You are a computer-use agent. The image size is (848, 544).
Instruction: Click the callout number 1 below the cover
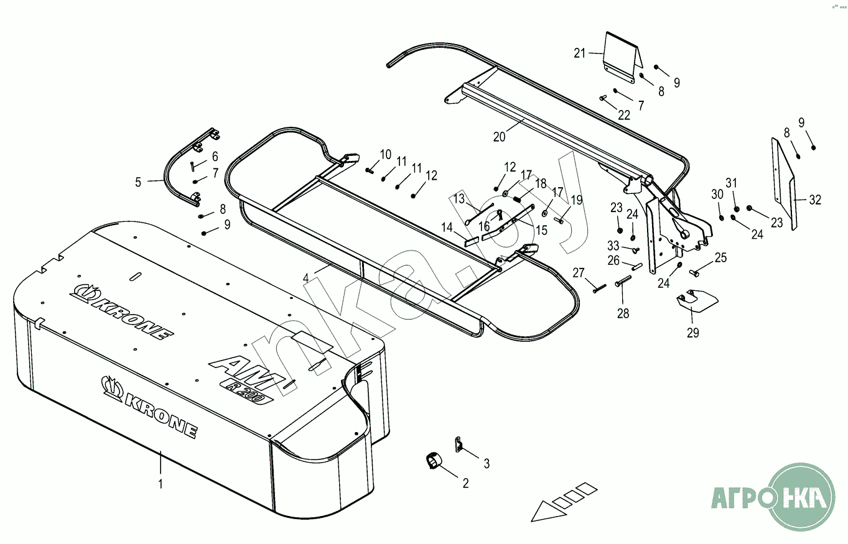161,483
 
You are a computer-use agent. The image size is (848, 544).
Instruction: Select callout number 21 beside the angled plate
580,53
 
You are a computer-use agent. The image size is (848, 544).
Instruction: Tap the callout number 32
815,200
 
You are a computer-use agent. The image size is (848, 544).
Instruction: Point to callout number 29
692,333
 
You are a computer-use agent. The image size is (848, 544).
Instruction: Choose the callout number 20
500,137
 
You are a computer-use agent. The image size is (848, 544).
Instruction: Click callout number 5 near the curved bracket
138,182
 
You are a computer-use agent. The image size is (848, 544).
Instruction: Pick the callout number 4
306,279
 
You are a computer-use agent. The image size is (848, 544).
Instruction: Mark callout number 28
623,314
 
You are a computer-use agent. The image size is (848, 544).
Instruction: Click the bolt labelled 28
623,283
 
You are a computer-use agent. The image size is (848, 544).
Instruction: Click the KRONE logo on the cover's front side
149,408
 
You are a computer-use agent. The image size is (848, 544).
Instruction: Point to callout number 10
386,154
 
